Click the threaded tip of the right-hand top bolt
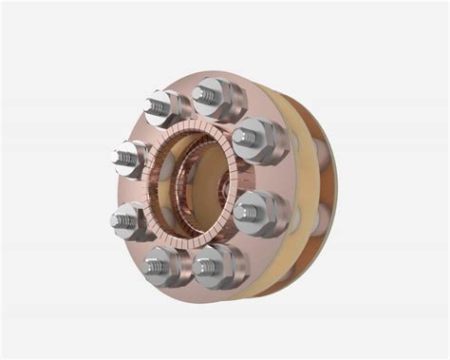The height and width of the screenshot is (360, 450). point(205,93)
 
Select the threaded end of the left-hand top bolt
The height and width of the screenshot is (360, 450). point(156,106)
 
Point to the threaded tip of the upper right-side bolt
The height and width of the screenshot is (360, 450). point(244,138)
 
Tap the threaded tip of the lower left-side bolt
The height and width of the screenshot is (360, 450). point(122,221)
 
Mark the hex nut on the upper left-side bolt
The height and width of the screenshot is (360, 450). point(137,159)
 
